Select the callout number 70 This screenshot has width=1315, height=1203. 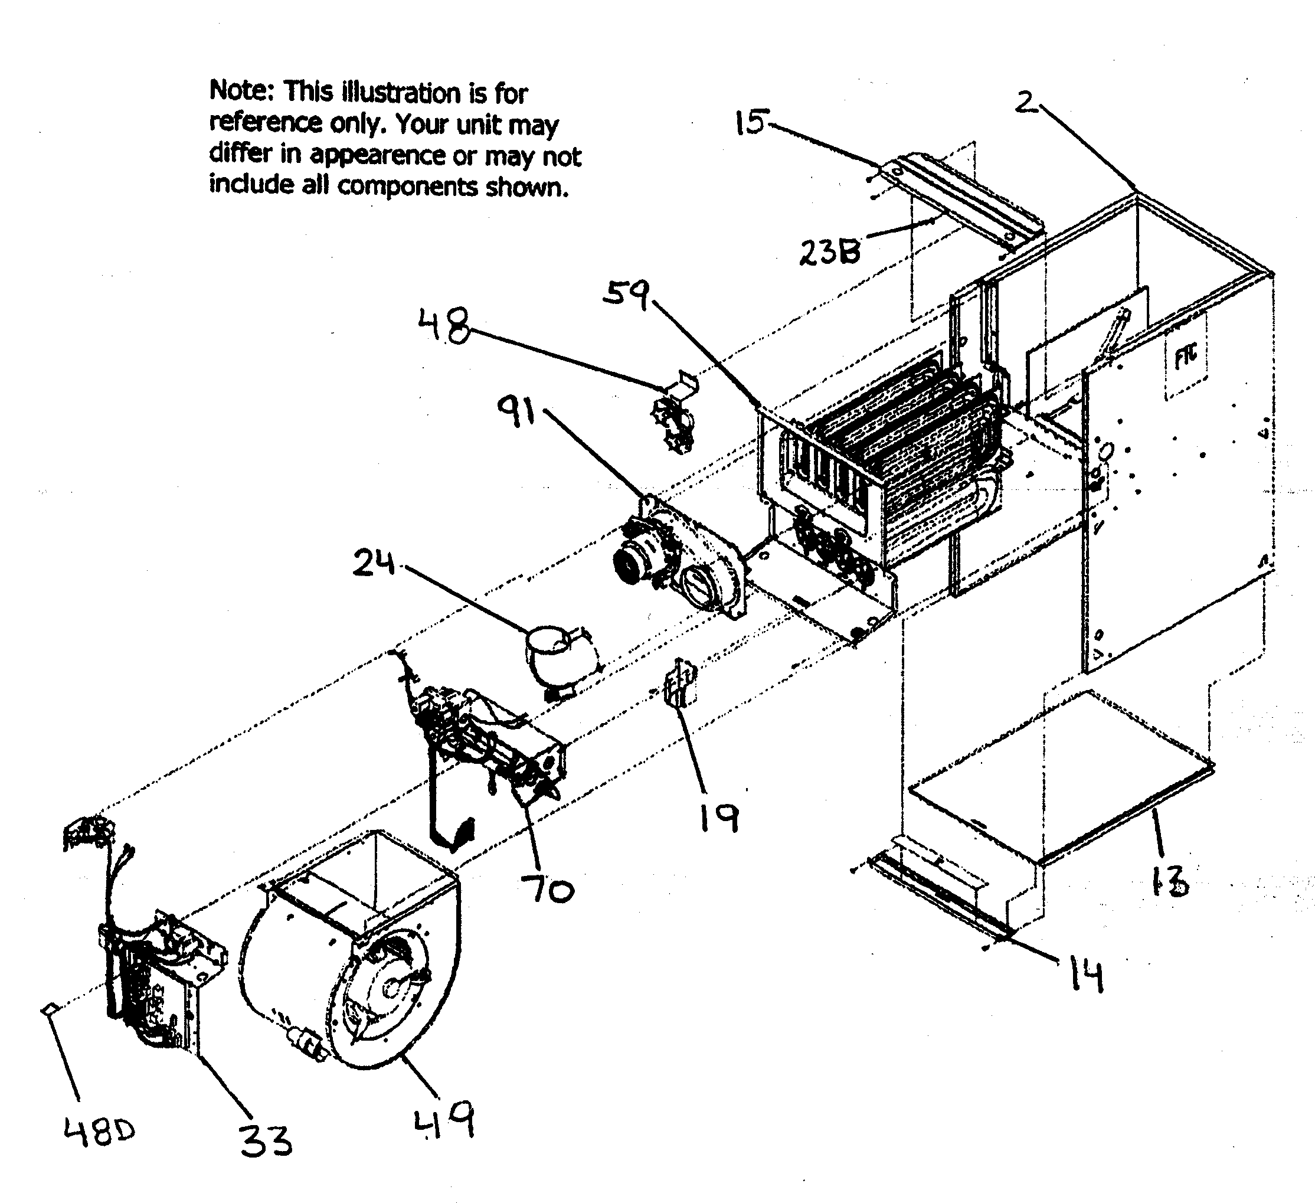[x=547, y=889]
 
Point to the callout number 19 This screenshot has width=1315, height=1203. [x=719, y=818]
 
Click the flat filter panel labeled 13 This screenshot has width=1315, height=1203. [x=1060, y=777]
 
